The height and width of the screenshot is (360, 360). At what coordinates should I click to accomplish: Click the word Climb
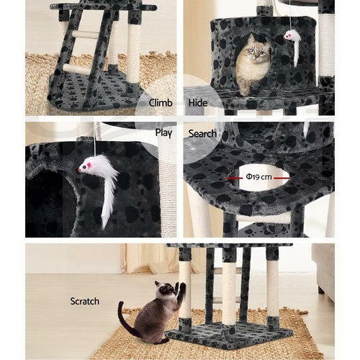click(160, 103)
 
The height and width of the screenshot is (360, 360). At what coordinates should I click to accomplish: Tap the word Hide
click(197, 103)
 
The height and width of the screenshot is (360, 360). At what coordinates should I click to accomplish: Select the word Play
click(163, 132)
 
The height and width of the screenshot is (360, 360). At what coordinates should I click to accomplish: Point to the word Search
click(202, 133)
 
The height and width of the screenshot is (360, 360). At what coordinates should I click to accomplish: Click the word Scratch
click(85, 301)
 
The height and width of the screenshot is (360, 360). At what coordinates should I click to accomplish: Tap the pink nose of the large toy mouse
click(81, 171)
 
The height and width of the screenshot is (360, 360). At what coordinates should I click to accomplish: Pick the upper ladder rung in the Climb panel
click(85, 35)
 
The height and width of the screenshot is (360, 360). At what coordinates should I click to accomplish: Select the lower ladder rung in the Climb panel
click(76, 69)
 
